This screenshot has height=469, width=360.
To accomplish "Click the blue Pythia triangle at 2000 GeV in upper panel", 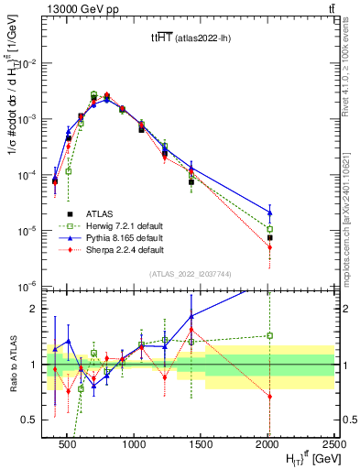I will coord(269,213).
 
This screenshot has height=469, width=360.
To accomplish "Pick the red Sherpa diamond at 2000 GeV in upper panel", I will coord(269,247).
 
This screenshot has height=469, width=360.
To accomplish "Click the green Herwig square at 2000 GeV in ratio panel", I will coord(269,335).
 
